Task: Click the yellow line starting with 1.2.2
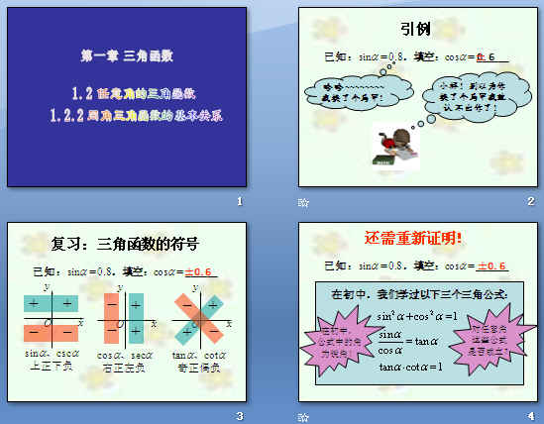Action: tap(136, 115)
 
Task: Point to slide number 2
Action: tap(531, 202)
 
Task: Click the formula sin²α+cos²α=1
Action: tap(416, 317)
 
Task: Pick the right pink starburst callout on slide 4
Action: tap(493, 337)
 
